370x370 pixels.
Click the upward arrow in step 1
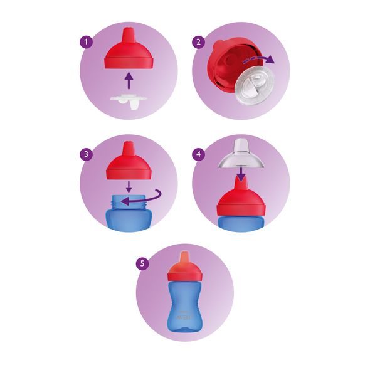click(129, 80)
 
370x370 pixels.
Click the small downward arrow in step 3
click(128, 186)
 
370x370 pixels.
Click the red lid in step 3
click(128, 166)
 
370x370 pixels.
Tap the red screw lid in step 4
click(240, 201)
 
